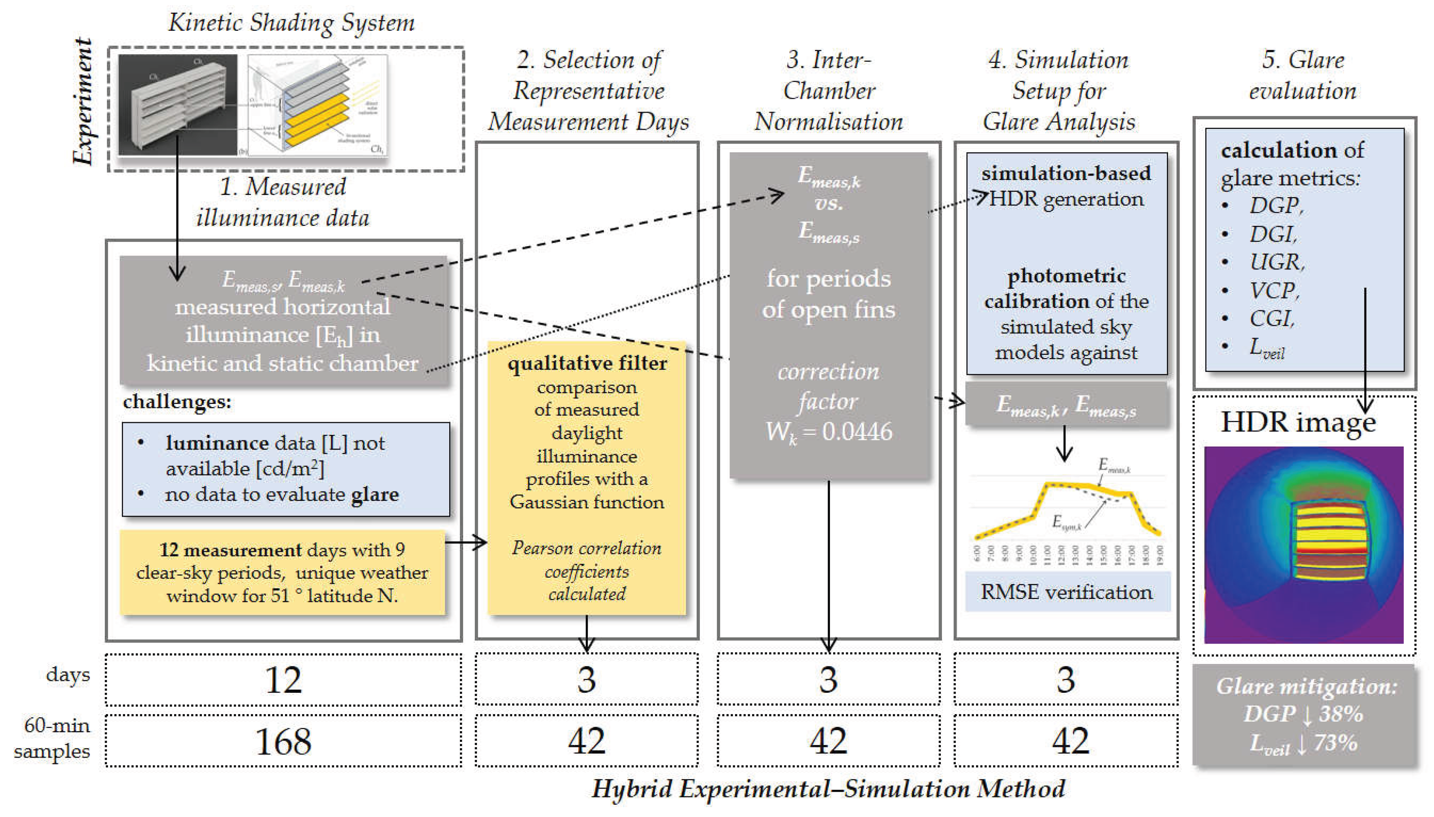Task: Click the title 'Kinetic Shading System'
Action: click(x=291, y=23)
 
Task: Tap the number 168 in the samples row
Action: click(x=283, y=741)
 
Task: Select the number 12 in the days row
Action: click(x=283, y=680)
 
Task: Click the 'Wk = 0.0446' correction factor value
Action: click(x=828, y=432)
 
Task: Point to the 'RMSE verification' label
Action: click(x=1066, y=592)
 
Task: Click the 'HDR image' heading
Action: click(x=1297, y=422)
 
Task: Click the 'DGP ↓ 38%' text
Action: click(x=1303, y=714)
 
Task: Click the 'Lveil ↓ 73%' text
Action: click(x=1303, y=743)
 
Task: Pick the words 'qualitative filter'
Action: click(x=587, y=364)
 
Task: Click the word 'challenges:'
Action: click(x=177, y=402)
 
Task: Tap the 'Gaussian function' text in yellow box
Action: click(x=587, y=502)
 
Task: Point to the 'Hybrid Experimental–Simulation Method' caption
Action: click(x=828, y=789)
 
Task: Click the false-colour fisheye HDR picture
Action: click(x=1303, y=544)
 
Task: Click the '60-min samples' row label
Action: click(x=54, y=738)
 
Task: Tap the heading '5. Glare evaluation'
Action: click(x=1303, y=75)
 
